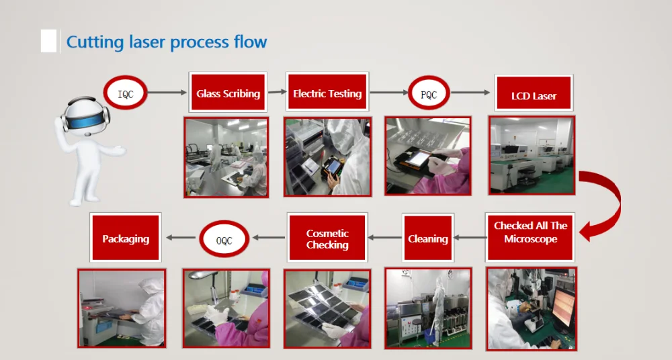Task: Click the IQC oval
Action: pos(126,94)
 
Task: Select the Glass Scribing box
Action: pos(228,93)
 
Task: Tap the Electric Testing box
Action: pos(327,93)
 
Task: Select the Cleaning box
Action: pos(428,238)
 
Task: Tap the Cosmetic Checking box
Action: pos(327,238)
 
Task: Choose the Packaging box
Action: pos(126,238)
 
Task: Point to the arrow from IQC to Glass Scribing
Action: pos(167,93)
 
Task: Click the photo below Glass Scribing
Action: pos(226,157)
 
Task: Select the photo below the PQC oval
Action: pos(427,157)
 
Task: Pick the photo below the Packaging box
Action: pos(122,308)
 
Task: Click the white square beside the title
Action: pos(48,41)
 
